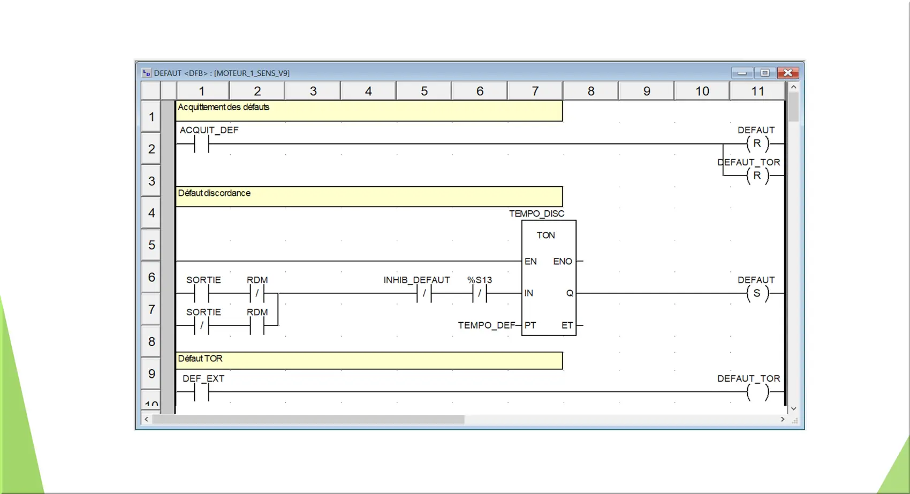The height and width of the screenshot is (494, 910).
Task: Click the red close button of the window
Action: coord(788,73)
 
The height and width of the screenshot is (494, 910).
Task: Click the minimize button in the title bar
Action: coord(742,73)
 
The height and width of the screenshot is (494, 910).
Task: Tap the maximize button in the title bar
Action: coord(764,73)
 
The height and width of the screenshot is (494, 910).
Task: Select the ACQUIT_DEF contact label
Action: coord(209,130)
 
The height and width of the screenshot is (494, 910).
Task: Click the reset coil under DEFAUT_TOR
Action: coord(757,176)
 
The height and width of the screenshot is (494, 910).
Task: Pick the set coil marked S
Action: coord(757,293)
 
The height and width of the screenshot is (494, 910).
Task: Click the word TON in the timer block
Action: coord(545,235)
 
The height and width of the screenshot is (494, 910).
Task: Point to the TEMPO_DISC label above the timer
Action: coord(537,214)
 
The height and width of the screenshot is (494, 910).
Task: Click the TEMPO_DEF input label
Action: coord(487,325)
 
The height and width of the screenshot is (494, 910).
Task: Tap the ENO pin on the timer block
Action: coord(563,261)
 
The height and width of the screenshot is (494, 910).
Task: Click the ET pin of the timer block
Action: coord(567,325)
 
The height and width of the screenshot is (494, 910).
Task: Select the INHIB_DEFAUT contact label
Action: coord(417,280)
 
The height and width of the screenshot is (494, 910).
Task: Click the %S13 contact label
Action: coord(480,280)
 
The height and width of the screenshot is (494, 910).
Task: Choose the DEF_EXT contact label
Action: coord(203,378)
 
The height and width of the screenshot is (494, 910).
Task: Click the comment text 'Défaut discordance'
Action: coord(214,193)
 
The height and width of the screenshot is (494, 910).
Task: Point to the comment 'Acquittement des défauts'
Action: coord(223,107)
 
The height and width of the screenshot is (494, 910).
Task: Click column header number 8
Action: coord(591,91)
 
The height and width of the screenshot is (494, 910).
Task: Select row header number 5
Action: coord(151,245)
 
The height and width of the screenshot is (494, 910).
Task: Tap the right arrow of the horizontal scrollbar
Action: coord(783,419)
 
